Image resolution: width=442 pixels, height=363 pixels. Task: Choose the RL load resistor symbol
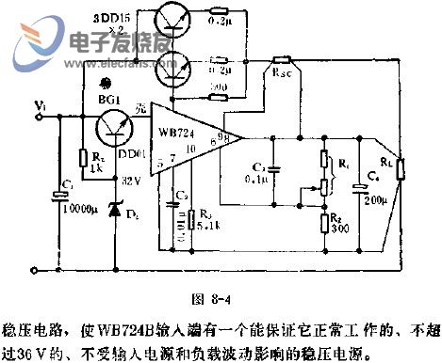tap(399, 169)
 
